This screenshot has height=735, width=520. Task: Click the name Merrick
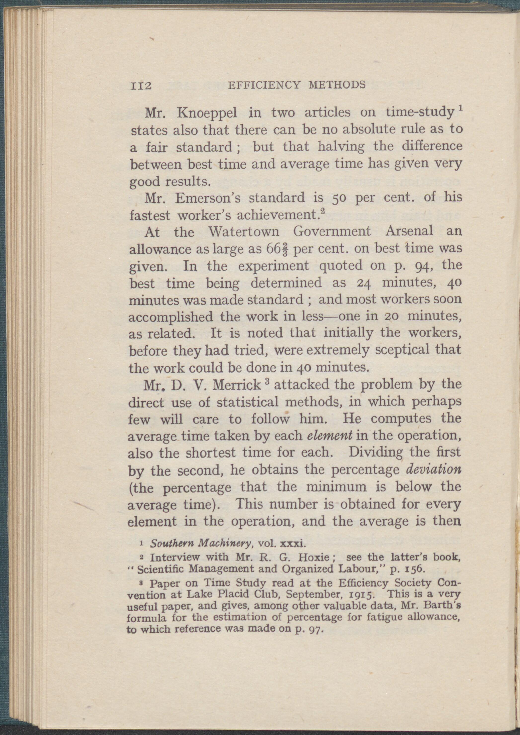237,385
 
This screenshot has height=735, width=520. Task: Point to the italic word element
330,436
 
